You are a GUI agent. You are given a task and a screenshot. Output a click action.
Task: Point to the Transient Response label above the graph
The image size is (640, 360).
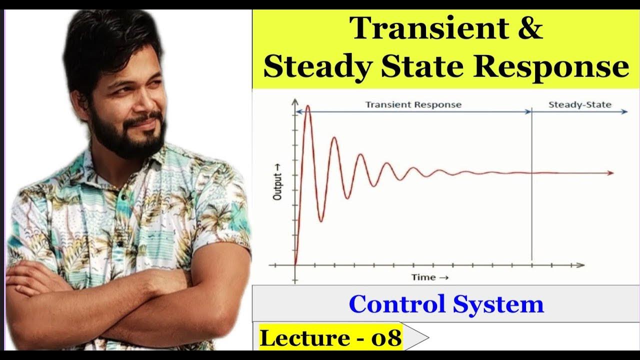click(413, 105)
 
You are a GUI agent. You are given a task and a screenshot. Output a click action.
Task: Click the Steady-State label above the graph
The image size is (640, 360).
click(580, 105)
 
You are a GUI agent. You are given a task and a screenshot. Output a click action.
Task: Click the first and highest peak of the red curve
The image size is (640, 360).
click(308, 106)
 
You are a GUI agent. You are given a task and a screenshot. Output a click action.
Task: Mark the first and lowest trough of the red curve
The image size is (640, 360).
click(321, 221)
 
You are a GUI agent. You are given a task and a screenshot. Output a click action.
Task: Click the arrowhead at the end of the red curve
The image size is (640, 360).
click(610, 173)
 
